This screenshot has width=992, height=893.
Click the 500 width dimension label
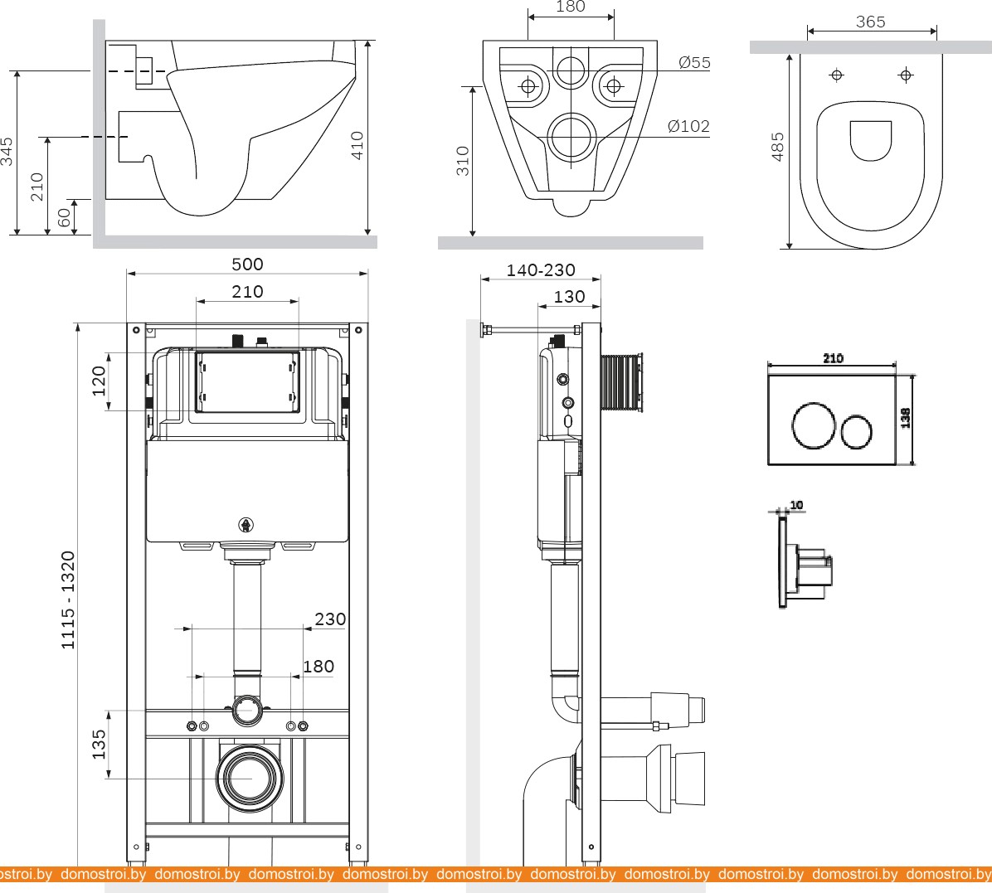pyautogui.click(x=247, y=265)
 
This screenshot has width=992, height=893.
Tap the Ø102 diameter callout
pyautogui.click(x=688, y=127)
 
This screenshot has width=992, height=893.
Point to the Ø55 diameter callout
pyautogui.click(x=694, y=63)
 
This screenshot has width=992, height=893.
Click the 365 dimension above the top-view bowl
pyautogui.click(x=870, y=22)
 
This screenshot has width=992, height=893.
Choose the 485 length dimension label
pyautogui.click(x=778, y=147)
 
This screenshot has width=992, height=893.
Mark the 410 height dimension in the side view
pyautogui.click(x=357, y=146)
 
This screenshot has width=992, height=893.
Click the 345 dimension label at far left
pyautogui.click(x=7, y=152)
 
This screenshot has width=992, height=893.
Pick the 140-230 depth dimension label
pyautogui.click(x=541, y=271)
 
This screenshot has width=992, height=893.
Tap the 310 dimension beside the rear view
pyautogui.click(x=463, y=160)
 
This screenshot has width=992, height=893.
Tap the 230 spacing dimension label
pyautogui.click(x=330, y=619)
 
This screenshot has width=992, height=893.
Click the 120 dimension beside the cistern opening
pyautogui.click(x=100, y=381)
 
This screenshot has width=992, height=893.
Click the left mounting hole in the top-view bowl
pyautogui.click(x=837, y=75)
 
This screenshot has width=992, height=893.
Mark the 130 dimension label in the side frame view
pyautogui.click(x=569, y=297)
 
